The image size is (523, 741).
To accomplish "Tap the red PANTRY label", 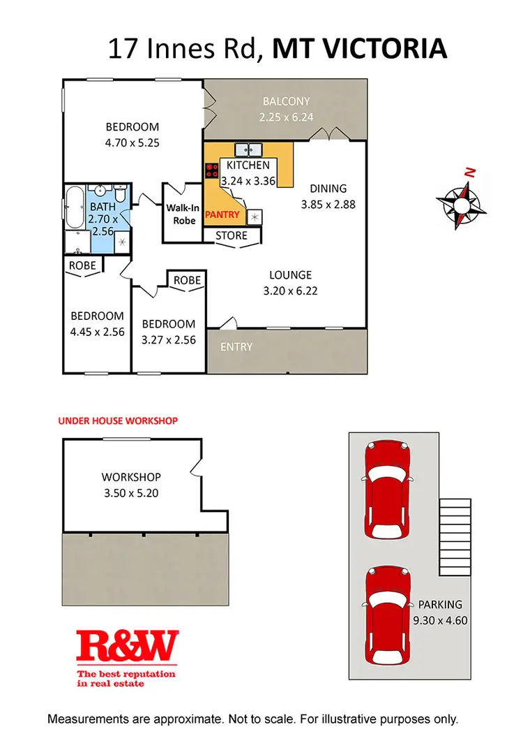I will pyautogui.click(x=222, y=215).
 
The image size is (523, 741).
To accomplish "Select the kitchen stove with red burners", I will pyautogui.click(x=212, y=170).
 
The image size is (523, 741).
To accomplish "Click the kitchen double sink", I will pyautogui.click(x=248, y=149).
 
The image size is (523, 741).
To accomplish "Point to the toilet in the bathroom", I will pyautogui.click(x=120, y=193).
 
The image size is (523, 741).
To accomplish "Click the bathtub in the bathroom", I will pyautogui.click(x=74, y=207).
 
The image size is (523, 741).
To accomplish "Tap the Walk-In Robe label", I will pyautogui.click(x=182, y=213).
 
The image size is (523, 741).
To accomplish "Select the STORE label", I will pyautogui.click(x=232, y=236).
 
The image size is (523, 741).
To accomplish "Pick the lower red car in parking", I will pyautogui.click(x=389, y=616).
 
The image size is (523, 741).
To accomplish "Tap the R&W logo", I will pyautogui.click(x=127, y=646).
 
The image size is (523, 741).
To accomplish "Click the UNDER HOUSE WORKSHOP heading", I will pyautogui.click(x=118, y=421).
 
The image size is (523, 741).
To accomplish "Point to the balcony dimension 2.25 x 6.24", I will pyautogui.click(x=286, y=117).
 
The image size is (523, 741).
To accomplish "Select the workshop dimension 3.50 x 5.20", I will pyautogui.click(x=131, y=492).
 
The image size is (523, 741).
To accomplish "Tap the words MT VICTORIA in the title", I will pyautogui.click(x=359, y=49).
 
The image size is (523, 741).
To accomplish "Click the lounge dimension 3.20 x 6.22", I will pyautogui.click(x=291, y=290).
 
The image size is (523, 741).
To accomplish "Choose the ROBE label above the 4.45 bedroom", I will pyautogui.click(x=83, y=265).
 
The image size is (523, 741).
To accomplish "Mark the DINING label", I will pyautogui.click(x=328, y=189).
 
